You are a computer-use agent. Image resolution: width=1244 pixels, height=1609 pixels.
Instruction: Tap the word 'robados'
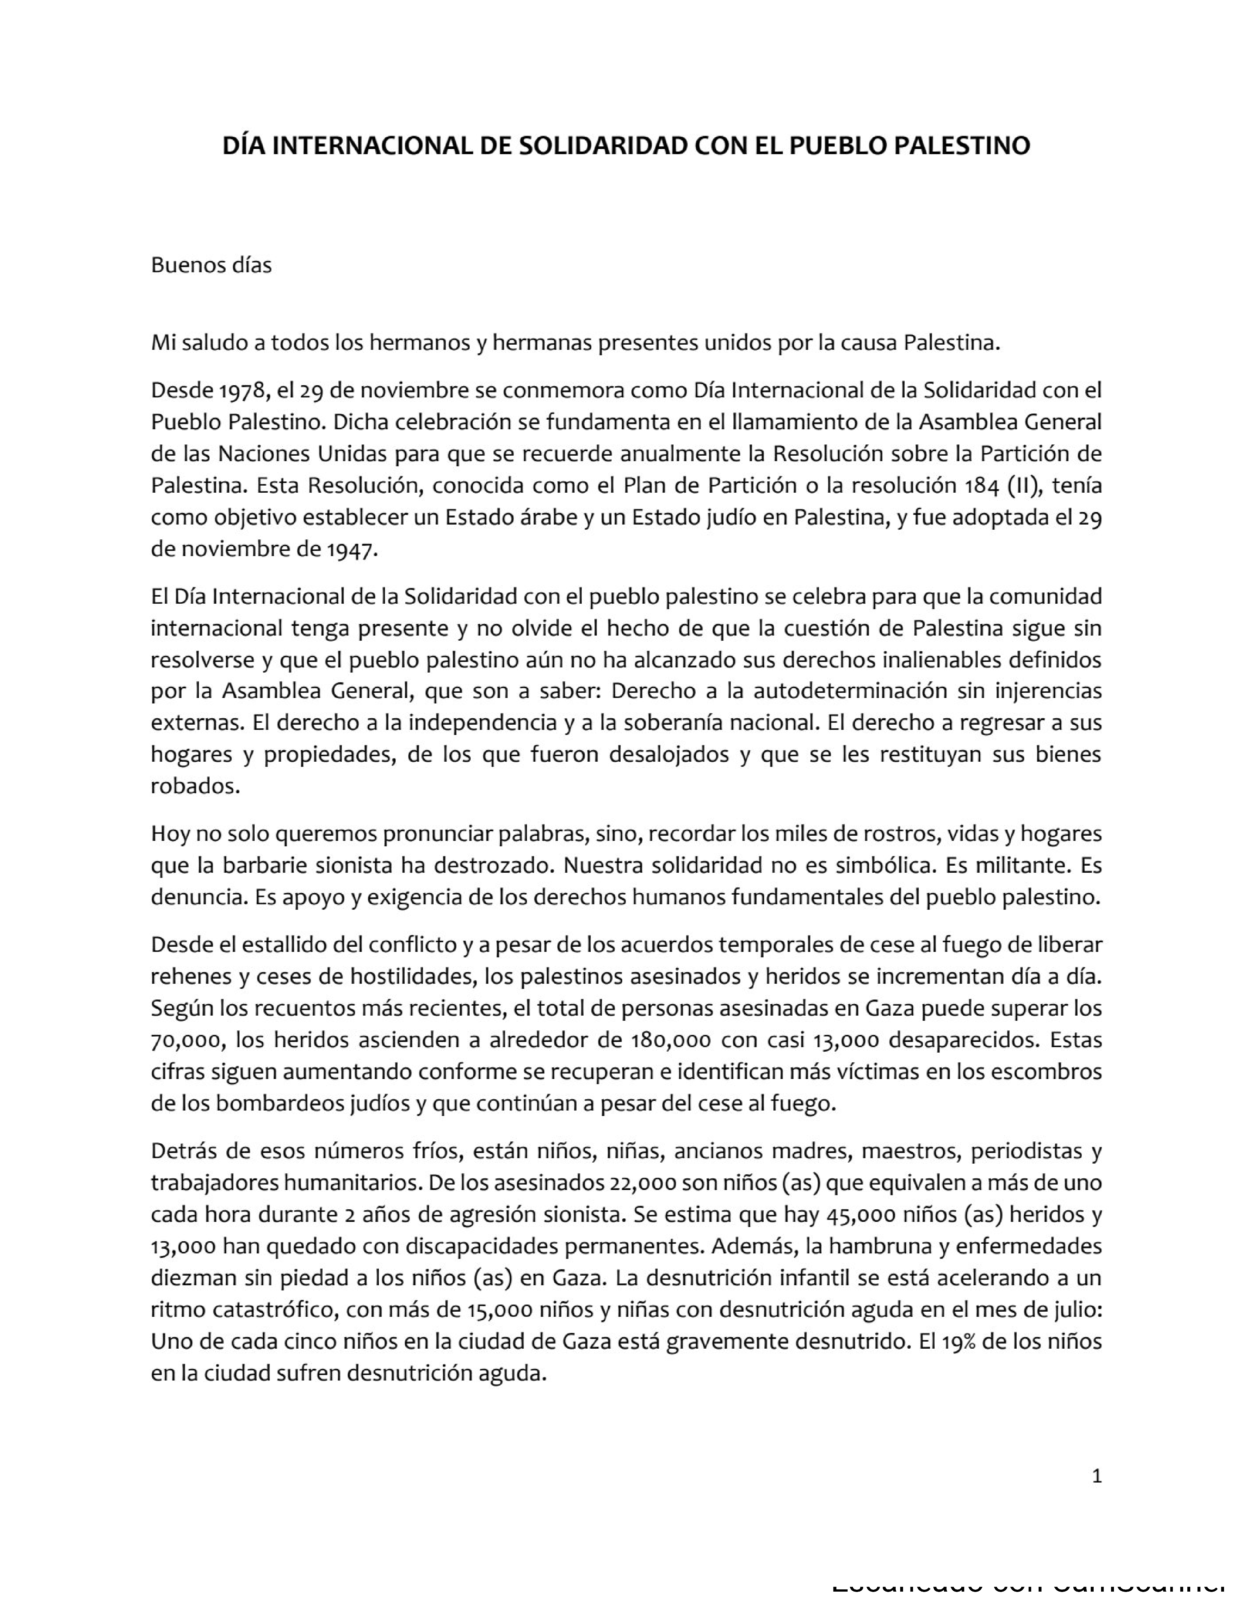click(x=195, y=786)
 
